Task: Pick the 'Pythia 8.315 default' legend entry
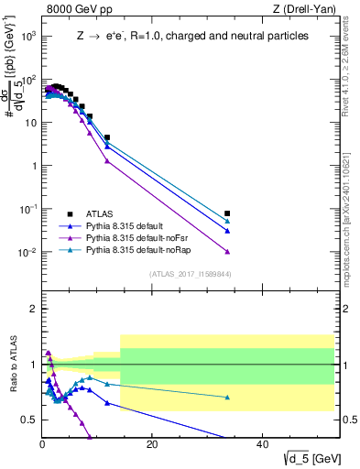128,224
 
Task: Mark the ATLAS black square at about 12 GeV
107,137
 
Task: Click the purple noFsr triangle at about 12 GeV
107,161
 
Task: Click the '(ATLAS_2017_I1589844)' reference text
191,273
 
